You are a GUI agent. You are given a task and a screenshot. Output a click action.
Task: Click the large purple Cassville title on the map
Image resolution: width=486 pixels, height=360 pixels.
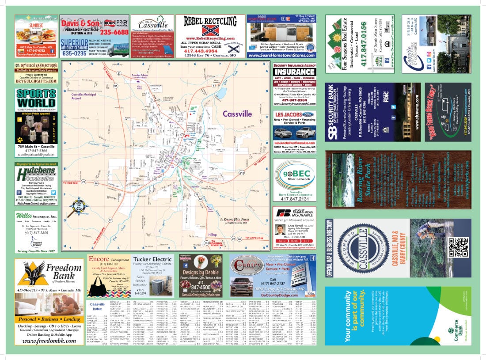(x=237, y=114)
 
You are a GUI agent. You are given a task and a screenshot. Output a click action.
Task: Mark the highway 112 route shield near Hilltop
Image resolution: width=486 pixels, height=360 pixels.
(x=206, y=243)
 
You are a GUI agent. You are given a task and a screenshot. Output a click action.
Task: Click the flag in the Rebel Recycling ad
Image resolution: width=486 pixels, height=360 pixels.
(x=210, y=30)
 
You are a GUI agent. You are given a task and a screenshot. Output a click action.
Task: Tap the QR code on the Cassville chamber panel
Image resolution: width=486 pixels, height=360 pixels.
(x=458, y=247)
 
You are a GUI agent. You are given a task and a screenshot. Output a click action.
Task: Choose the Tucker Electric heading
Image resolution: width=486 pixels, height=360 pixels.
(x=152, y=259)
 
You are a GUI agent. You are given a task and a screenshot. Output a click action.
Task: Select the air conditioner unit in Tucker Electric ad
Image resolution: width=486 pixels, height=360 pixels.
(x=166, y=287)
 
